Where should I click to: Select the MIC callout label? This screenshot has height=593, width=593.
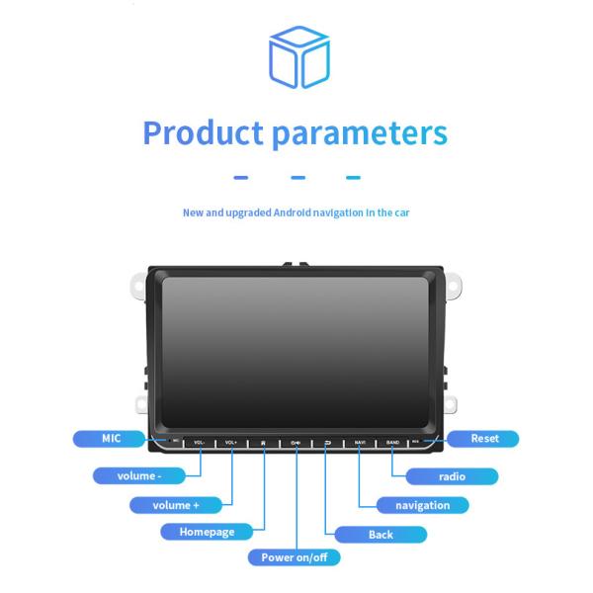(111, 438)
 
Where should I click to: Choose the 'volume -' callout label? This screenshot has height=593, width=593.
(139, 475)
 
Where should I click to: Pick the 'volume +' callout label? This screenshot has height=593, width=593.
(176, 505)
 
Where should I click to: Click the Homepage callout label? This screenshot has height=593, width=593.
(207, 532)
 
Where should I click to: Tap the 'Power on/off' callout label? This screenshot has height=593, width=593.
(294, 557)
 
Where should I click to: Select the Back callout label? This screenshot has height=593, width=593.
(381, 535)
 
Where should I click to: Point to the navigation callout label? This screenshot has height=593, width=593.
(422, 505)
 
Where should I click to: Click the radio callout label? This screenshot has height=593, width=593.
(451, 476)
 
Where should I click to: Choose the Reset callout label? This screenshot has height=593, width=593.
(484, 438)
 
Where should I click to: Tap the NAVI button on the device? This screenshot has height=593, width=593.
(360, 442)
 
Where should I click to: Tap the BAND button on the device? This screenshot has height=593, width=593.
(392, 442)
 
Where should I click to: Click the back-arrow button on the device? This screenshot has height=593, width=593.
(327, 442)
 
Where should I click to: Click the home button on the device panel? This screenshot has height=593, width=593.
(263, 442)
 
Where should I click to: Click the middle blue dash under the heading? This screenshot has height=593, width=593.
(296, 179)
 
